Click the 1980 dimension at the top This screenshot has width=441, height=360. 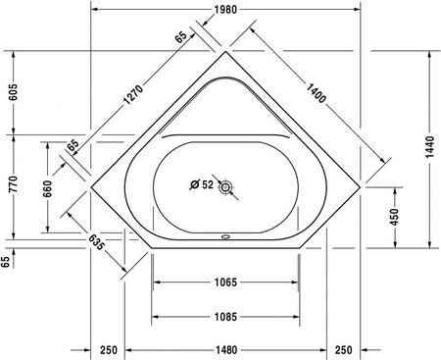pyautogui.click(x=225, y=10)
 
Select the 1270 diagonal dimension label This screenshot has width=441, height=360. pyautogui.click(x=133, y=94)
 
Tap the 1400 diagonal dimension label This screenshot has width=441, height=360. pyautogui.click(x=317, y=93)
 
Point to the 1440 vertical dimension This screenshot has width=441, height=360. pyautogui.click(x=430, y=147)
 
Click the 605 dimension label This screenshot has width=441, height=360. pyautogui.click(x=14, y=92)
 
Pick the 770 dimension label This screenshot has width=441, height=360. pyautogui.click(x=14, y=184)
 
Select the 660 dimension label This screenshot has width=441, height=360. pyautogui.click(x=47, y=188)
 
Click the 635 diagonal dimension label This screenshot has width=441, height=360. pyautogui.click(x=97, y=242)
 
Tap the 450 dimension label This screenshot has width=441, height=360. pyautogui.click(x=395, y=217)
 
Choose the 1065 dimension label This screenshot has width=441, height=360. pyautogui.click(x=225, y=282)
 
